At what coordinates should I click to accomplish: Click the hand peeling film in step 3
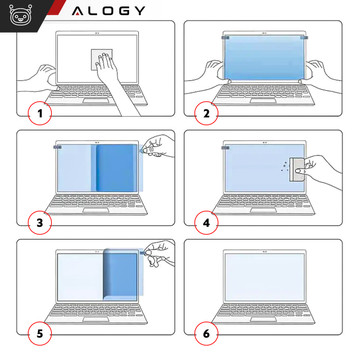click(x=154, y=150)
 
